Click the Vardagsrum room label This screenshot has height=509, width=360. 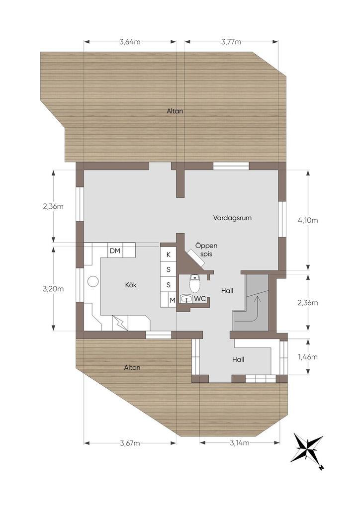tap(232, 218)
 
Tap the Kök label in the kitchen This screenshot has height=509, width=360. tap(131, 285)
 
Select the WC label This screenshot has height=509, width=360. tap(200, 299)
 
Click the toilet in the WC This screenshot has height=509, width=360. tap(194, 284)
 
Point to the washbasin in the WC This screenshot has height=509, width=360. tap(186, 299)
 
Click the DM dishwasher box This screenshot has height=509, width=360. tap(115, 251)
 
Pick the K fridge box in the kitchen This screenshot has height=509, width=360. tap(169, 255)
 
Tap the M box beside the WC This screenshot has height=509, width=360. tap(173, 300)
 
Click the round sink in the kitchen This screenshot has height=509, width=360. tap(93, 281)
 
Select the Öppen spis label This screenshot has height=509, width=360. tap(206, 250)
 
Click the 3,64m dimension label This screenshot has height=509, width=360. tap(130, 42)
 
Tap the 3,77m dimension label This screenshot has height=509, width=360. tap(231, 42)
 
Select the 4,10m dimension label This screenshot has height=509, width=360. tap(308, 220)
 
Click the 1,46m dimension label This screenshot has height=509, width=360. tap(308, 357)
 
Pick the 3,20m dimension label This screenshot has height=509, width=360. tap(53, 289)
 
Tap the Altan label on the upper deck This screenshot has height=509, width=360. tap(175, 111)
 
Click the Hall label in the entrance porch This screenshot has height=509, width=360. tap(238, 360)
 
